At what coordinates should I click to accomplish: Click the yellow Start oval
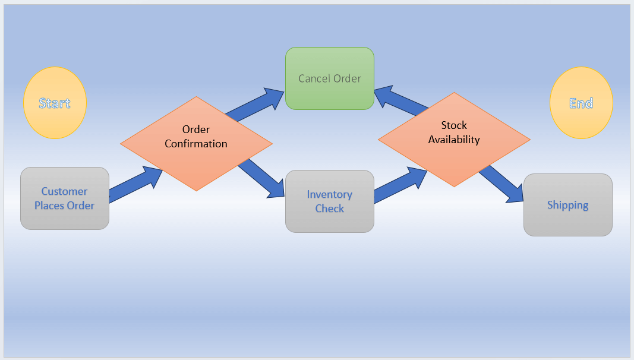click(55, 103)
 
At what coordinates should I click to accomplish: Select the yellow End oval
click(581, 103)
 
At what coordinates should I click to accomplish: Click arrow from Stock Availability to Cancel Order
click(401, 100)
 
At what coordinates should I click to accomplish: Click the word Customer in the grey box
click(64, 191)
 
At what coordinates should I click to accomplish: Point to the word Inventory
click(329, 194)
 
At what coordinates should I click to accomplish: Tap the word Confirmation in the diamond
click(196, 144)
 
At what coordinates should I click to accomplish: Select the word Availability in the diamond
click(454, 140)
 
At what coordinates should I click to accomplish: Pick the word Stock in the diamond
click(454, 125)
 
